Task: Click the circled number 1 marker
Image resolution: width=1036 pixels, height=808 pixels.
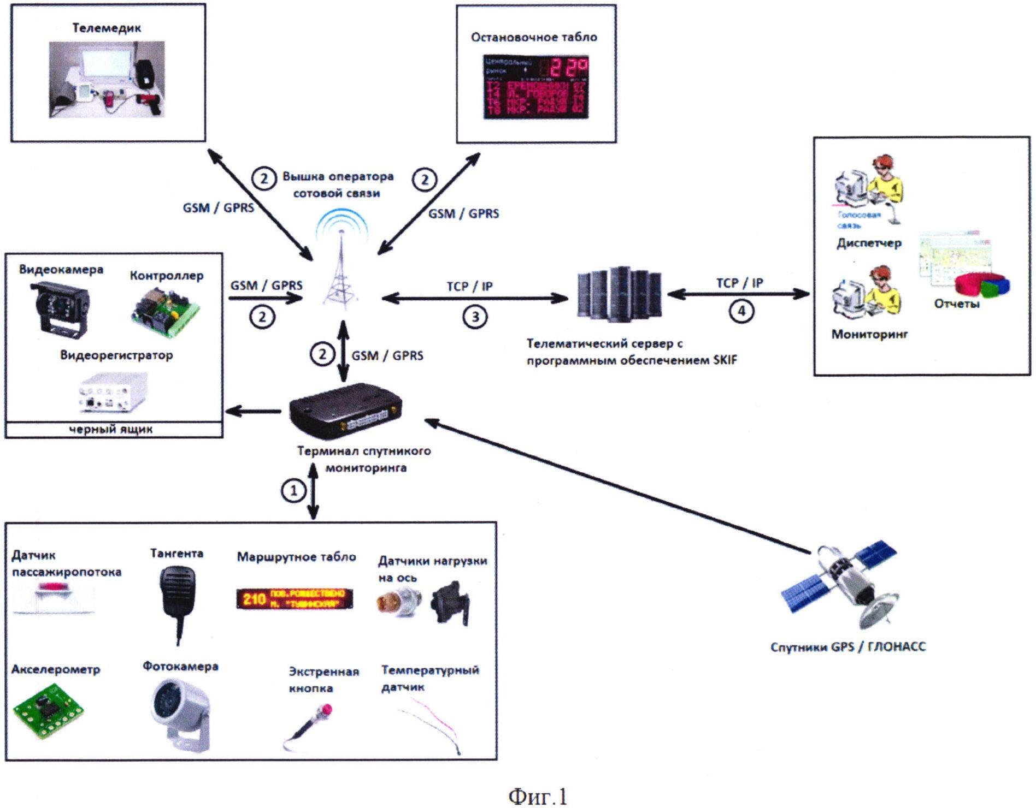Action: pos(293,490)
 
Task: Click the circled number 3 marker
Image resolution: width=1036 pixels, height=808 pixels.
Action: pos(475,317)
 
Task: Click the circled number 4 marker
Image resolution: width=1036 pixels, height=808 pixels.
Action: pos(741,311)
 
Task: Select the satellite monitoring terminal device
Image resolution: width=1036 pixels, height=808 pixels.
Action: pos(345,411)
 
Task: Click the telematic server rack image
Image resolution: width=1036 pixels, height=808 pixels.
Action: pos(620,292)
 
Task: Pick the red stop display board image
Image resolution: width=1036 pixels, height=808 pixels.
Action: pos(535,86)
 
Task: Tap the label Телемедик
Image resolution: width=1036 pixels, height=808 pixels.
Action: pos(107,28)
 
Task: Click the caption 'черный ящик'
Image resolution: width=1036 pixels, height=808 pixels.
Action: pos(111,430)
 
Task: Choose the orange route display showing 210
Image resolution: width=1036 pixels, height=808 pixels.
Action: pos(295,599)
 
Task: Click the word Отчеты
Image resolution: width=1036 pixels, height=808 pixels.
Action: pos(956,304)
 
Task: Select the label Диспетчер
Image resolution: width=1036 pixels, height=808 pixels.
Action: pos(869,243)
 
